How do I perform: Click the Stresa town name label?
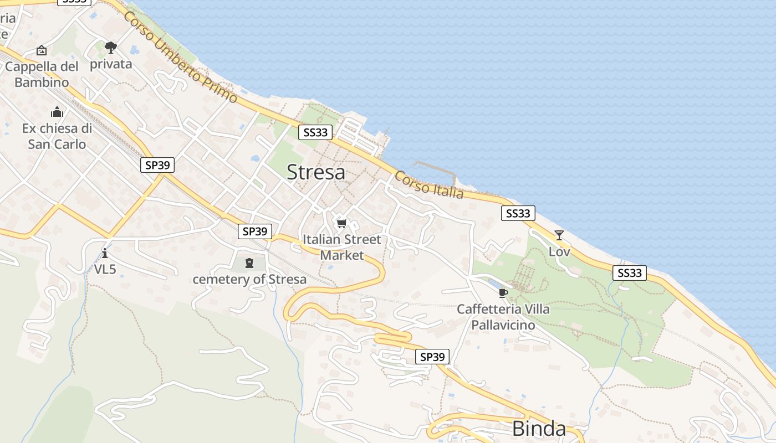click(316, 172)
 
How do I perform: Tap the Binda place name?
click(539, 428)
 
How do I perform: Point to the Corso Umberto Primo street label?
click(180, 57)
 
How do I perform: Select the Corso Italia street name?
click(428, 185)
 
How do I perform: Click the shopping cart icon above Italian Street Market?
click(341, 224)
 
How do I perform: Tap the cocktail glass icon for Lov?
click(559, 235)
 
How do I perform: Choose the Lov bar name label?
click(559, 252)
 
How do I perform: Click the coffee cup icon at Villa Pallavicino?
click(503, 293)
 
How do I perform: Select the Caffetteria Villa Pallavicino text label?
click(503, 317)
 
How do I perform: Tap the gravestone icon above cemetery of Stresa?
click(249, 262)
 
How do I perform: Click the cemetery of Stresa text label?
click(249, 279)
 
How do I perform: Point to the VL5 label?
click(105, 270)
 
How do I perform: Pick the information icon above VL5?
click(105, 254)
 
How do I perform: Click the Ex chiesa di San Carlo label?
click(57, 136)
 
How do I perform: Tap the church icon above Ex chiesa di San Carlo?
click(57, 112)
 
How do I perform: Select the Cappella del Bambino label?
click(42, 74)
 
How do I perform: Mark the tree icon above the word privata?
click(111, 48)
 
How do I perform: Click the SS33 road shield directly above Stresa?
click(315, 132)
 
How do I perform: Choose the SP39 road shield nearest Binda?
click(432, 357)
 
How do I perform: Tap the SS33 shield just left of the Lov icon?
click(518, 213)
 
